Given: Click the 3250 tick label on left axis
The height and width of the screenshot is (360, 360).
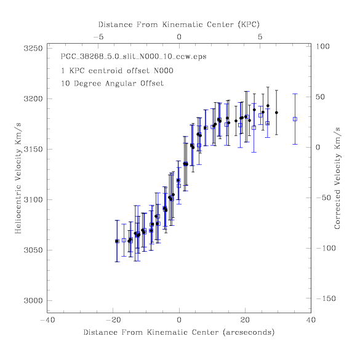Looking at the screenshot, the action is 33,49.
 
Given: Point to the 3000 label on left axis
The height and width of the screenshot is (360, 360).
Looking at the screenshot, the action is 33,300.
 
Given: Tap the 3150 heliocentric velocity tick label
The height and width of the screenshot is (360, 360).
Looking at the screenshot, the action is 33,150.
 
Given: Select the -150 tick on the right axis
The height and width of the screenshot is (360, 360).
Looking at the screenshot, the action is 326,298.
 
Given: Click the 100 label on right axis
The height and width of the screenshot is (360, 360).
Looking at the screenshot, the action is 322,47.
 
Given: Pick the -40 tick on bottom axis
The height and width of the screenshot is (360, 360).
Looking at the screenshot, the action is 47,320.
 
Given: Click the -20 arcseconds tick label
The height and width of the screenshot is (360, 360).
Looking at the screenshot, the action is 113,320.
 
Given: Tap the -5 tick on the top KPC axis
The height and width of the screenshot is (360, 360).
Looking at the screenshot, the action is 98,37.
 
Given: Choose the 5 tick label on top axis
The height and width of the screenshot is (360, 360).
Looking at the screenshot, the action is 260,37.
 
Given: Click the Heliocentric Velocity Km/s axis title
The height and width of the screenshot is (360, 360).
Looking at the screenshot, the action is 18,178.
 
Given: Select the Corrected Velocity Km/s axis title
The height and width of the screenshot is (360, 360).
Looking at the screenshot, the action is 337,178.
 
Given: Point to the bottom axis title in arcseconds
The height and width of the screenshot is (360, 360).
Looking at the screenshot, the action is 179,332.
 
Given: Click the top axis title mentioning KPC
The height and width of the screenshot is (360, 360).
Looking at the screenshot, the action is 179,25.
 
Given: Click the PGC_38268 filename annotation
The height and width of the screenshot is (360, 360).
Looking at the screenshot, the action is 134,57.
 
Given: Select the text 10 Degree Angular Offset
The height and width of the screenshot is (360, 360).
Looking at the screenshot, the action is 112,83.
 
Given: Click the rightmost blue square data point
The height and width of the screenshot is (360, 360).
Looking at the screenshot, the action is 295,119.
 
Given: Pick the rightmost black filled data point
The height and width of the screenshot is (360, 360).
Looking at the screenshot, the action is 276,113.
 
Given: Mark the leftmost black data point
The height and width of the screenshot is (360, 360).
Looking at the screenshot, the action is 117,241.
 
